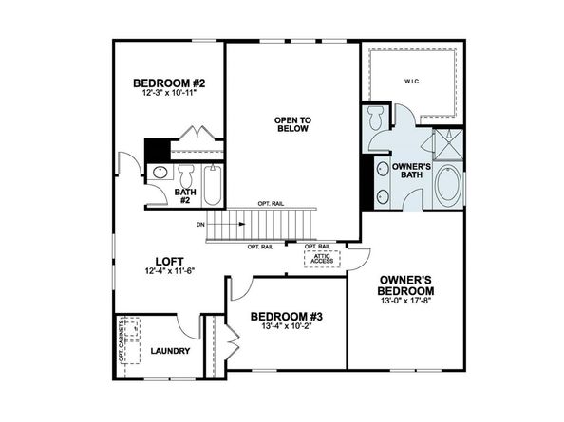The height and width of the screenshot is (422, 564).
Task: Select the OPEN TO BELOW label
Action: (292, 124)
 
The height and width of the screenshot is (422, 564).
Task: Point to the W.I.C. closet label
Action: (413, 82)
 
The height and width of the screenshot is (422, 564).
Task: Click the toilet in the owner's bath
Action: (376, 119)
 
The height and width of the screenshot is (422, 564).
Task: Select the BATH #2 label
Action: (186, 197)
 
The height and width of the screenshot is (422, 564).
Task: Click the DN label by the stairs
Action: (200, 225)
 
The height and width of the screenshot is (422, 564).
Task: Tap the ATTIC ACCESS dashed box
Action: (317, 257)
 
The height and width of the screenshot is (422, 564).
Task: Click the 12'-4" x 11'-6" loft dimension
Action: (170, 273)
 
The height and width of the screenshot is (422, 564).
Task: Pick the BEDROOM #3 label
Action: (281, 316)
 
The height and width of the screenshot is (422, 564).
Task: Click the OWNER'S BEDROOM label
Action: (406, 284)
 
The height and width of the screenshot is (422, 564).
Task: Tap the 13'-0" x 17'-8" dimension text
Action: (406, 302)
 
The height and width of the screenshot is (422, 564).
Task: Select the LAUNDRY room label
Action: (171, 352)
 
